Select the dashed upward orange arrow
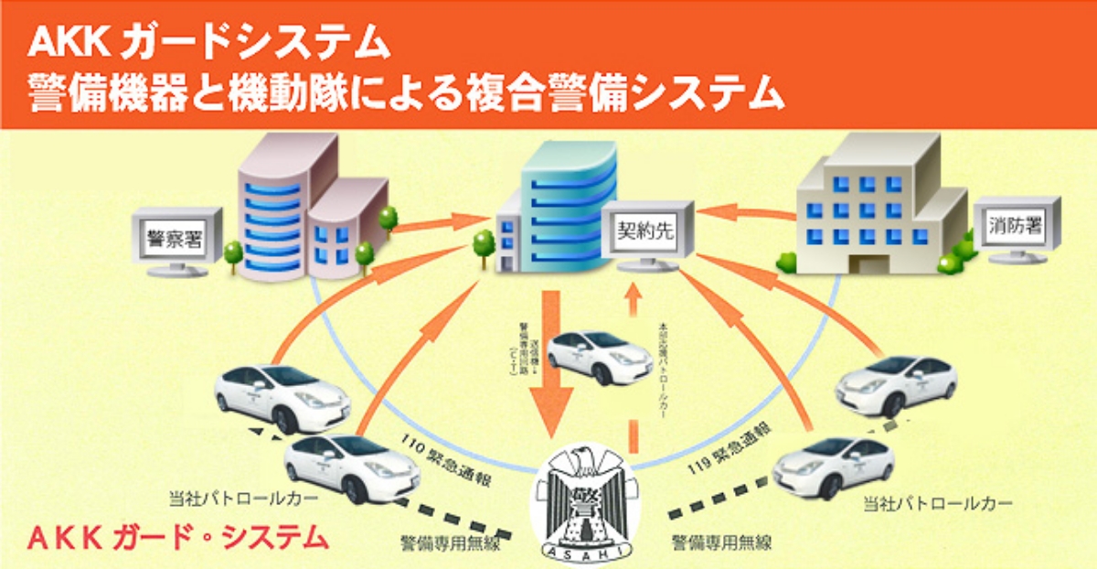point(630,366)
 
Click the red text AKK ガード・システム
point(178,537)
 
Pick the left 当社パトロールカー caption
point(244,499)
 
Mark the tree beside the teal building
point(484,245)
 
